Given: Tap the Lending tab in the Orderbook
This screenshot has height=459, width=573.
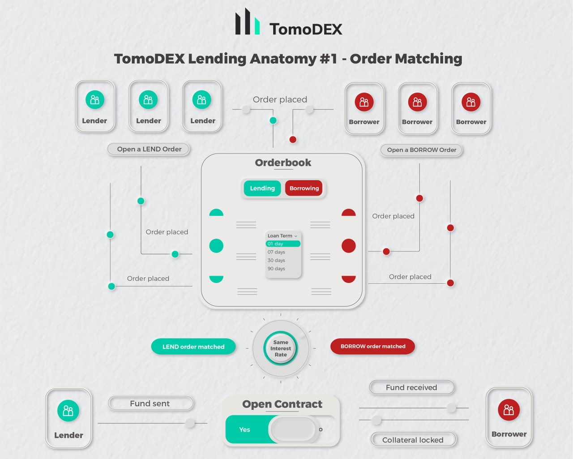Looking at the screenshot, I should (262, 189).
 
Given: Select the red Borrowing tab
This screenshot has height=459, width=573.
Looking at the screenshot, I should (304, 189).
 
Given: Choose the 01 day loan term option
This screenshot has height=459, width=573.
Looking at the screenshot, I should (282, 244).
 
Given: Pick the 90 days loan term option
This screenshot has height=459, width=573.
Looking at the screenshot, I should (277, 269).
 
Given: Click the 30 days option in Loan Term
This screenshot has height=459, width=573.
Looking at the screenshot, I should (277, 260).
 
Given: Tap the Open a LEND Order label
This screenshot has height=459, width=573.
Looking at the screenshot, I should (149, 149).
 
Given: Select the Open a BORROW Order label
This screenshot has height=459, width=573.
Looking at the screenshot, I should (421, 150).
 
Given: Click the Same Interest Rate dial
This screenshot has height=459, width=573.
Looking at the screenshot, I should (281, 348).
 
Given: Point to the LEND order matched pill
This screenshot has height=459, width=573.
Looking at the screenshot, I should (193, 347).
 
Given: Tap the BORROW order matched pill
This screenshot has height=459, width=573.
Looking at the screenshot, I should (372, 346).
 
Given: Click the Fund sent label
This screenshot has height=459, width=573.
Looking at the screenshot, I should (150, 403).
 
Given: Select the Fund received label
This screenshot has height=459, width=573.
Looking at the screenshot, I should (411, 387).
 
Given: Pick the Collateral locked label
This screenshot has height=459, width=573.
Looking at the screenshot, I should (413, 440).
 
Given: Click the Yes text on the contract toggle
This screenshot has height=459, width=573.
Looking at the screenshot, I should (244, 429).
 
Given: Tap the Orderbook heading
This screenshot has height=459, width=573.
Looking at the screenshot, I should (283, 163).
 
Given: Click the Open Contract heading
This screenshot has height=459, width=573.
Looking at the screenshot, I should (282, 404).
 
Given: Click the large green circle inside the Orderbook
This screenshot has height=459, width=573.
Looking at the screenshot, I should (216, 246).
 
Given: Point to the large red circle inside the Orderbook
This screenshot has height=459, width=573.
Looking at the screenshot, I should (349, 246).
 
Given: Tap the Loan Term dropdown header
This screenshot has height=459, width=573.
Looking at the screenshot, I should (282, 236).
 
